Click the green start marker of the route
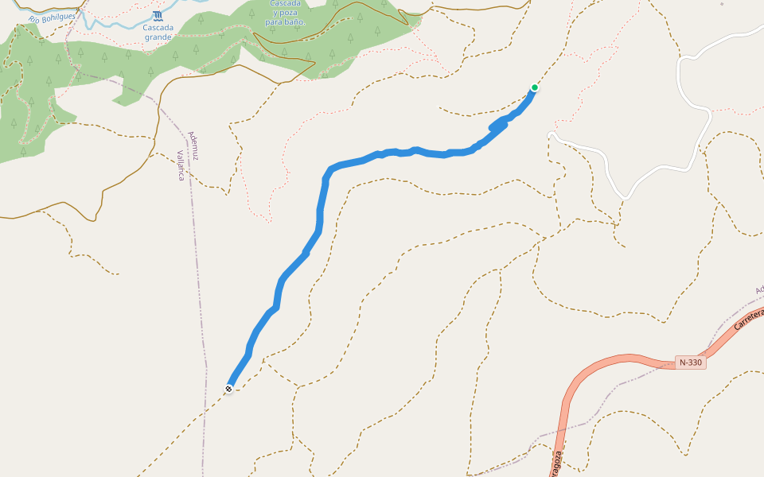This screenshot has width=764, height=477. coord(535,87)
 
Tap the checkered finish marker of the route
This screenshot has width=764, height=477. coord(228,388)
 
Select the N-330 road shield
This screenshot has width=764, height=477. coord(691,363)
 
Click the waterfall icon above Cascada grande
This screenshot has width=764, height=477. coord(158,15)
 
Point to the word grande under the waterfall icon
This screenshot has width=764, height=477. coord(158,37)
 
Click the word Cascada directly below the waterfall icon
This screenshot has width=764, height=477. coord(158,27)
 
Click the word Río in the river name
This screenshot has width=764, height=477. coord(33,19)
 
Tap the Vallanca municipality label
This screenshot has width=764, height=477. coord(181,165)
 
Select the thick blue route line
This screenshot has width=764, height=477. coord(320,215)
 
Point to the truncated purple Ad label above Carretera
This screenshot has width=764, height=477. coord(759,289)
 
